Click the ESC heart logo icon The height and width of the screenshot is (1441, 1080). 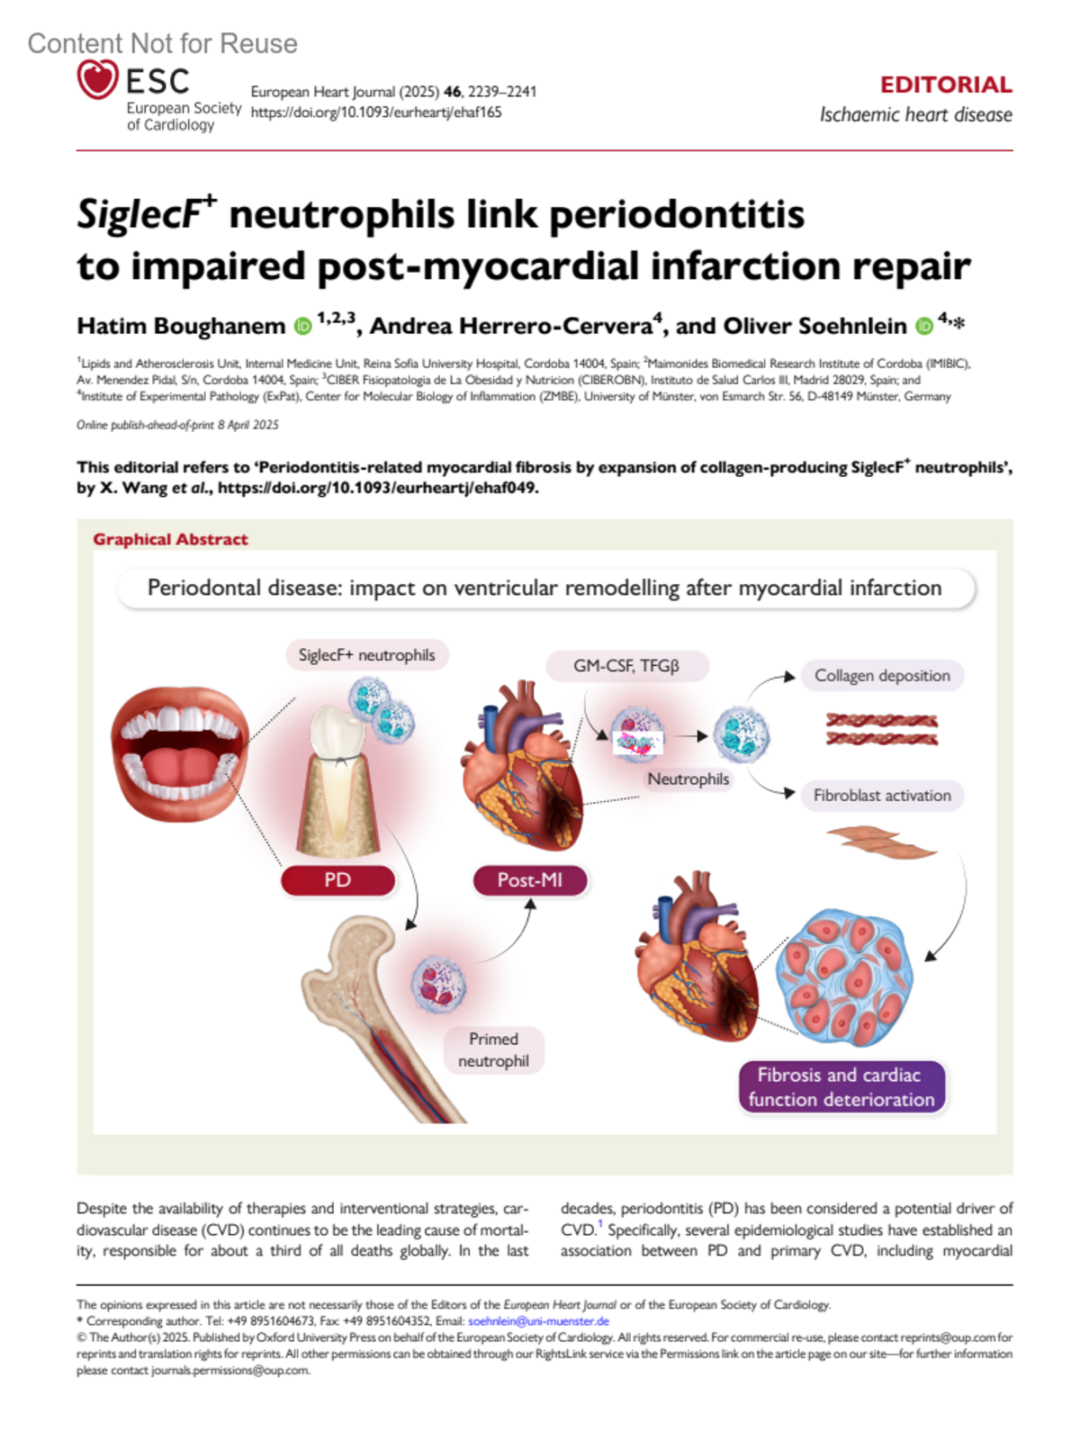coord(97,79)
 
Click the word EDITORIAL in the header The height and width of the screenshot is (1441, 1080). coord(945,85)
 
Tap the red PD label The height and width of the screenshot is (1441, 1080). coord(337,880)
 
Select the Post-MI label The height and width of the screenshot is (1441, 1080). coord(529,880)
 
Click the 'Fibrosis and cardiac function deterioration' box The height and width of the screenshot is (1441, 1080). coord(841,1087)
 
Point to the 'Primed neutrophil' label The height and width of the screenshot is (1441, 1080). coord(493,1050)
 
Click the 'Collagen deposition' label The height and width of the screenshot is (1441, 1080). coord(881,676)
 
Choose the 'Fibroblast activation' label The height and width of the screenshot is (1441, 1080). coord(881,796)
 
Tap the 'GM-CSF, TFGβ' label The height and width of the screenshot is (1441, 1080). coord(626,666)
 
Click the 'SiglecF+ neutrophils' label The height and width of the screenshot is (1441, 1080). coord(366,655)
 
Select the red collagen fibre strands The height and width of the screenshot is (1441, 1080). coord(881,730)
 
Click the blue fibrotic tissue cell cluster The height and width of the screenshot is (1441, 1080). coord(843,977)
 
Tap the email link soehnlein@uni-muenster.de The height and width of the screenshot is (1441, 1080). coord(538,1321)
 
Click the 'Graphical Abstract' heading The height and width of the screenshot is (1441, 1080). coord(170,539)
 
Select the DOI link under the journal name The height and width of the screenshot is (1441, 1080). coord(376,113)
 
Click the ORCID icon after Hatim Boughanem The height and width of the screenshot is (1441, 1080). coord(303,326)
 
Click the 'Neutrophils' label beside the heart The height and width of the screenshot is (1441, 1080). coord(688,779)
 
